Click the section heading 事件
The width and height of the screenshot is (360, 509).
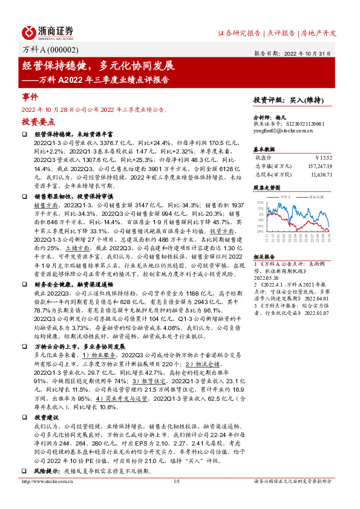coord(30,96)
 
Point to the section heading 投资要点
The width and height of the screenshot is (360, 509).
coord(36,122)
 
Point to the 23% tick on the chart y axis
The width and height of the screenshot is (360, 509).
coord(260,202)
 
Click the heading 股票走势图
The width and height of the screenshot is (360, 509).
coord(267,187)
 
